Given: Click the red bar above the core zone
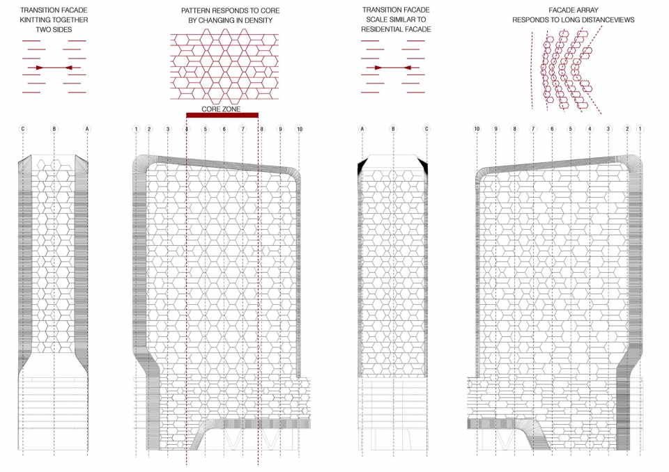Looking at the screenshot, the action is (x=222, y=115).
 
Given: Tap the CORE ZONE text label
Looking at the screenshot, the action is (x=221, y=109).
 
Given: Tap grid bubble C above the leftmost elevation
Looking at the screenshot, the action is (x=23, y=129).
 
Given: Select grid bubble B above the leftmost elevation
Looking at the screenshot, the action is (x=54, y=129).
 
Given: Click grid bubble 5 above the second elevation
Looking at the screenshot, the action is (x=205, y=129).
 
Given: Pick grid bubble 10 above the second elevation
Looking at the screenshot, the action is (x=299, y=129).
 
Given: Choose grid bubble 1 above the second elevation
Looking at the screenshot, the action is (x=136, y=129).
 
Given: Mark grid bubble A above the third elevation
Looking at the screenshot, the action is (x=362, y=129).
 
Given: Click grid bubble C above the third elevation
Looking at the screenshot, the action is (x=426, y=129).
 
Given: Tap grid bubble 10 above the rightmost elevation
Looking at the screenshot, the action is (x=477, y=129).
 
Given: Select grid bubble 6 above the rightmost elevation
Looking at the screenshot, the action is (x=552, y=129).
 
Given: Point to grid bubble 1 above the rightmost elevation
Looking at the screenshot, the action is (x=640, y=129).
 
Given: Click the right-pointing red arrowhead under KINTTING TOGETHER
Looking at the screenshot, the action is (x=40, y=68).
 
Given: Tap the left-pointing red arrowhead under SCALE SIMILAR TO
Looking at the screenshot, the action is (x=407, y=68).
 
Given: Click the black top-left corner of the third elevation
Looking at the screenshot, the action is (x=362, y=166).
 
